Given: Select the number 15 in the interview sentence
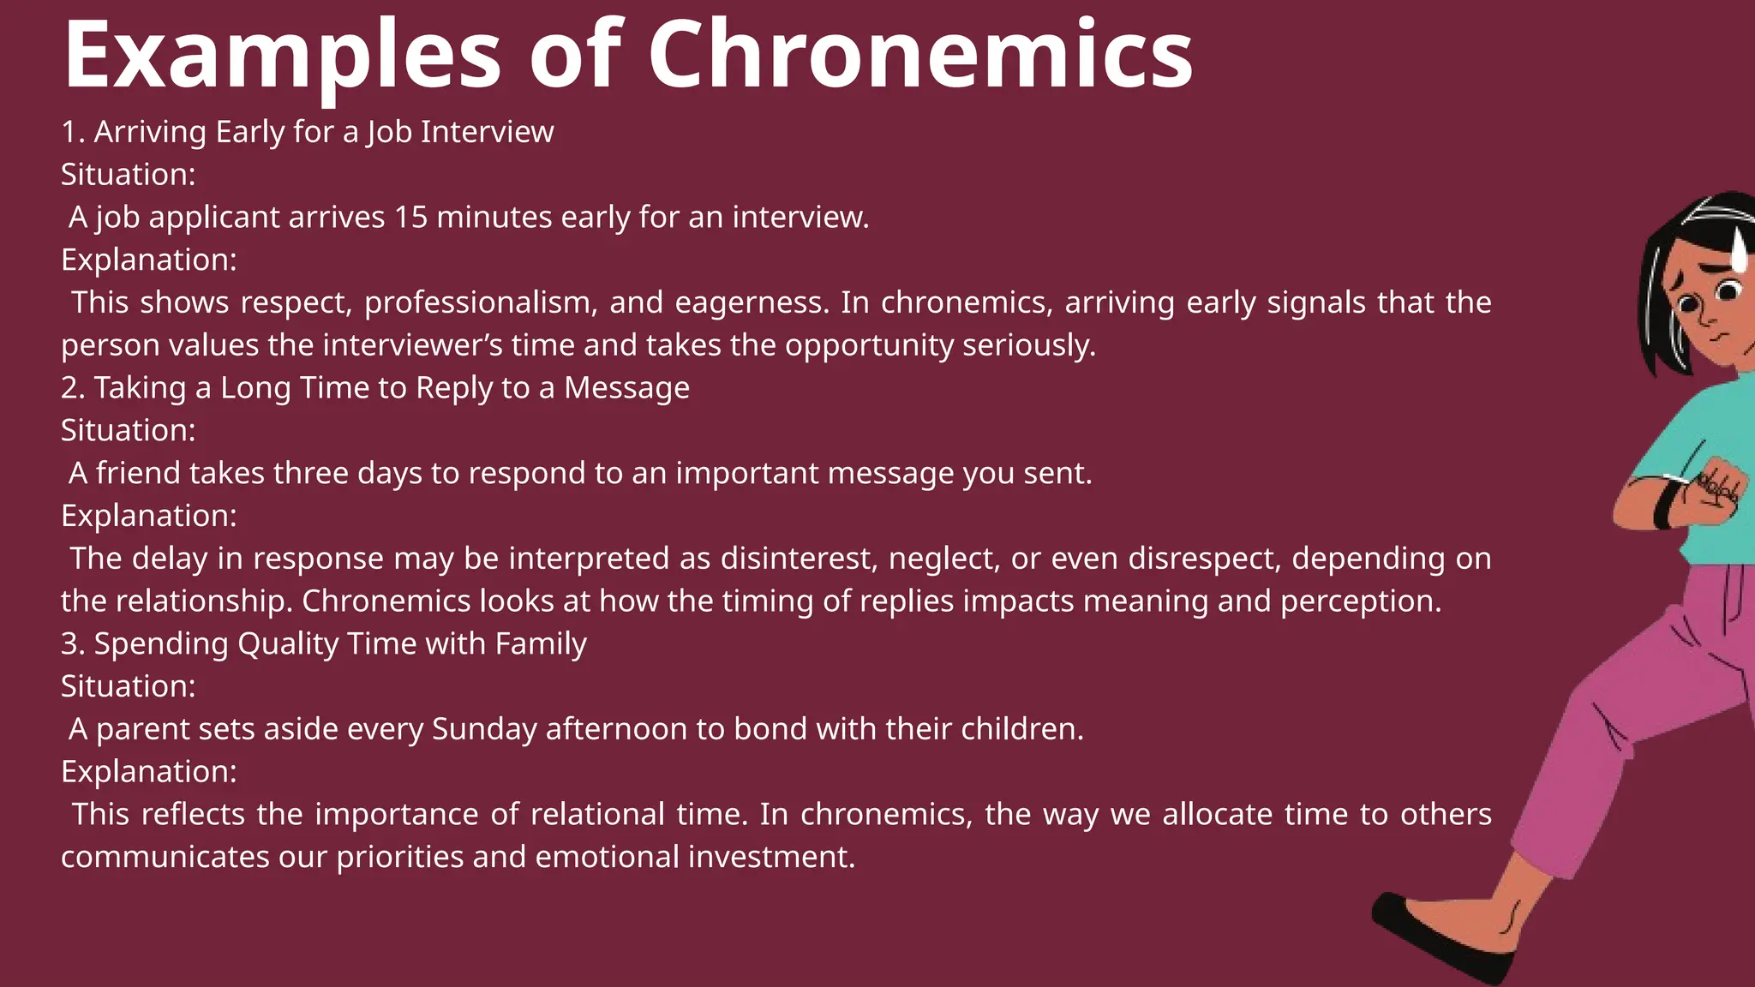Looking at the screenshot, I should point(410,218).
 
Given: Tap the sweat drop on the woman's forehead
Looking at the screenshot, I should point(1739,250).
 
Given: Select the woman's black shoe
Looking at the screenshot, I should point(1440,938).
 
